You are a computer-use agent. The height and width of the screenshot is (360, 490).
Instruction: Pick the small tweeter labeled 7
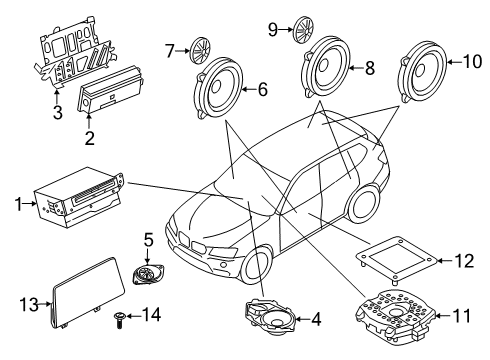click(x=203, y=47)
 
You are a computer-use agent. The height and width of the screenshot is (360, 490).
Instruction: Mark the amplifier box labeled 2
click(x=116, y=99)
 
